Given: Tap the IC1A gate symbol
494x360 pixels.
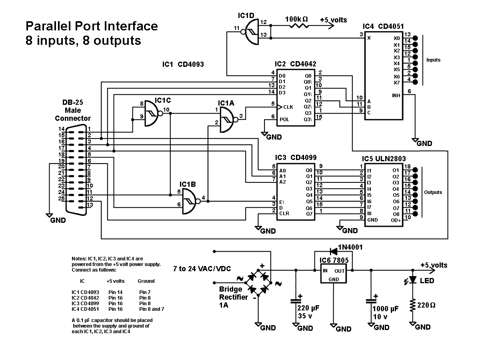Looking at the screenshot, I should [227, 117].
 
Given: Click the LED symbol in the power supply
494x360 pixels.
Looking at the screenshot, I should [413, 280].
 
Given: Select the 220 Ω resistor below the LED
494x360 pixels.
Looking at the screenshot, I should [412, 306].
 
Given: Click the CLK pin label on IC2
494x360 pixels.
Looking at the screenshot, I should [288, 107].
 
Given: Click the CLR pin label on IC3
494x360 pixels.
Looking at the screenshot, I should [284, 213].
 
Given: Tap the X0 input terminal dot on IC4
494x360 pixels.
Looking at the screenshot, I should [415, 38].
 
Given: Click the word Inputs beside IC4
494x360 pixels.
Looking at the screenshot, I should [433, 60].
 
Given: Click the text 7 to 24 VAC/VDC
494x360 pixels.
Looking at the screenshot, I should [202, 269].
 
